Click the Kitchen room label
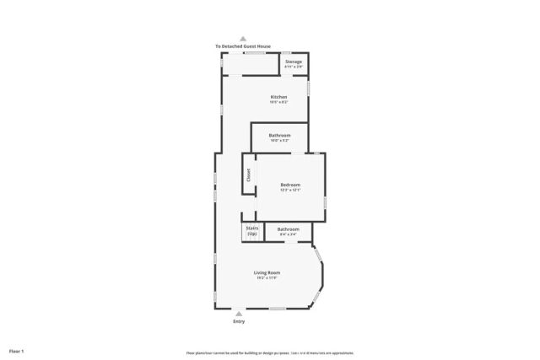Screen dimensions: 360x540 tap(278, 97)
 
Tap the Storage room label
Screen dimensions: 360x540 tap(294, 62)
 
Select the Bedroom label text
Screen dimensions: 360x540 tap(290, 185)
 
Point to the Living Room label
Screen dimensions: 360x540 tap(267, 272)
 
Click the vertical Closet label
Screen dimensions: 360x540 tap(249, 175)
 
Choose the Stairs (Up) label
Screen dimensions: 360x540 tap(251, 230)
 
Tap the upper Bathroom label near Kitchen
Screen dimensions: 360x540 tap(280, 136)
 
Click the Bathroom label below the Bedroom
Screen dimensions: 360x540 tap(288, 228)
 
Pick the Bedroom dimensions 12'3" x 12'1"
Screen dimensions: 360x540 tap(290, 190)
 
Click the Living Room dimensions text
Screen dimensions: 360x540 tap(267, 277)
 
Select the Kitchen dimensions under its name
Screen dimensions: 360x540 tap(278, 102)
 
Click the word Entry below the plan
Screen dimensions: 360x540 tap(239, 322)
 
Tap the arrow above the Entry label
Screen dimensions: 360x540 tap(239, 314)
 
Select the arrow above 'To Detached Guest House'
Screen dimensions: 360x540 tap(243, 39)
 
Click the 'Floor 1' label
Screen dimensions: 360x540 tap(17, 351)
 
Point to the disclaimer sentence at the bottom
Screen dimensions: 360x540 tap(270, 353)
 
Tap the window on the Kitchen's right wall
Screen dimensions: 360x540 tap(308, 86)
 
